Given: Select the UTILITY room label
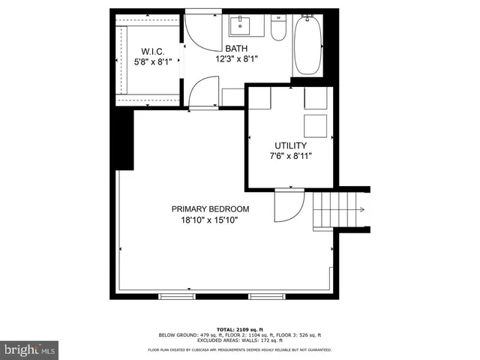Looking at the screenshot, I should coord(289,145).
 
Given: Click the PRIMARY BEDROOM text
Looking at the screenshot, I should coord(210,209).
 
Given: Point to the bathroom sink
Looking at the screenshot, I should coord(244,26).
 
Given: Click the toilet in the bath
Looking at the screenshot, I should coord(278,29).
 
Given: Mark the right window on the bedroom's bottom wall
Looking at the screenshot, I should coord(267,296).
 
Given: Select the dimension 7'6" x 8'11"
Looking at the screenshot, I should coord(289,156).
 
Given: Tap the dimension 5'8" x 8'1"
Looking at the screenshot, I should coord(152,62).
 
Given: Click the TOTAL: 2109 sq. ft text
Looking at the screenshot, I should coord(239,328).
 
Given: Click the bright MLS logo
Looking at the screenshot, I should coord(30,349).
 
